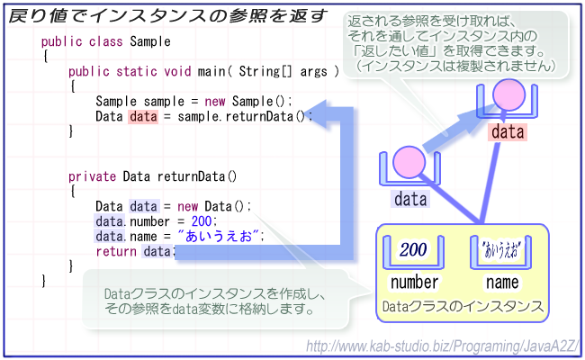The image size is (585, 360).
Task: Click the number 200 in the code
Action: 202,221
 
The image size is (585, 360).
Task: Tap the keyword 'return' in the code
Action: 116,251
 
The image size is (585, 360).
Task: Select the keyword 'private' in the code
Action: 92,176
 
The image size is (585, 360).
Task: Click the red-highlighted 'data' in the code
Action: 143,116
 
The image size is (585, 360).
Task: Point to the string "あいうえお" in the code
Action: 219,236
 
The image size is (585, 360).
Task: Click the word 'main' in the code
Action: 211,71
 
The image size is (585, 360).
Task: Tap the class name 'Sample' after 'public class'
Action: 150,41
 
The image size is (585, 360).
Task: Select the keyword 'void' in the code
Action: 177,71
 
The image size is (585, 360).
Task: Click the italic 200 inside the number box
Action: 413,249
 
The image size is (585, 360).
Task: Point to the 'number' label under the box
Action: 414,282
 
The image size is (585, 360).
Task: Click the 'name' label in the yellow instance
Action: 502,282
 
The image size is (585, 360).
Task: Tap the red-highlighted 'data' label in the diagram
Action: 508,131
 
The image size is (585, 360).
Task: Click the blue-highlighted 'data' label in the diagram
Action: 410,199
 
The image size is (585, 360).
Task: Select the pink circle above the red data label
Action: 508,95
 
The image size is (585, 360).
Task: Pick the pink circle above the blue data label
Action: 409,162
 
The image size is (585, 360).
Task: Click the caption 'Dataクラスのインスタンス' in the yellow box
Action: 463,307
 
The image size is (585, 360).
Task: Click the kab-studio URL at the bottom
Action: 442,346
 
